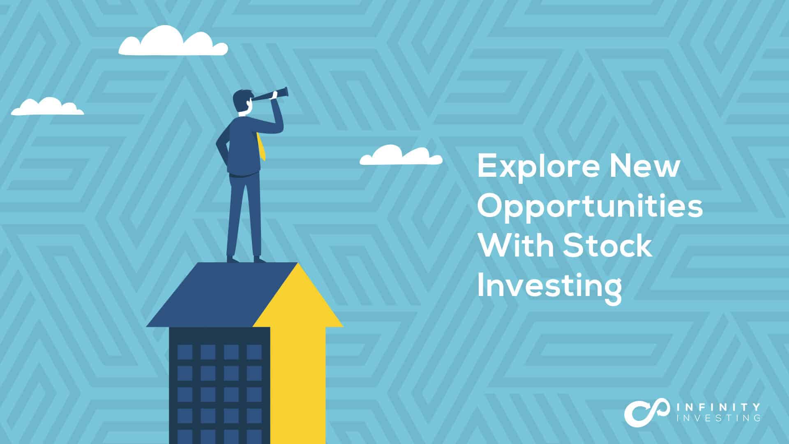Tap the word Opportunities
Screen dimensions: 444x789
pos(590,207)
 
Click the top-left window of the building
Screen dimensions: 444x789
pos(185,352)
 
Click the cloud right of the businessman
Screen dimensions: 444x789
pos(401,155)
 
